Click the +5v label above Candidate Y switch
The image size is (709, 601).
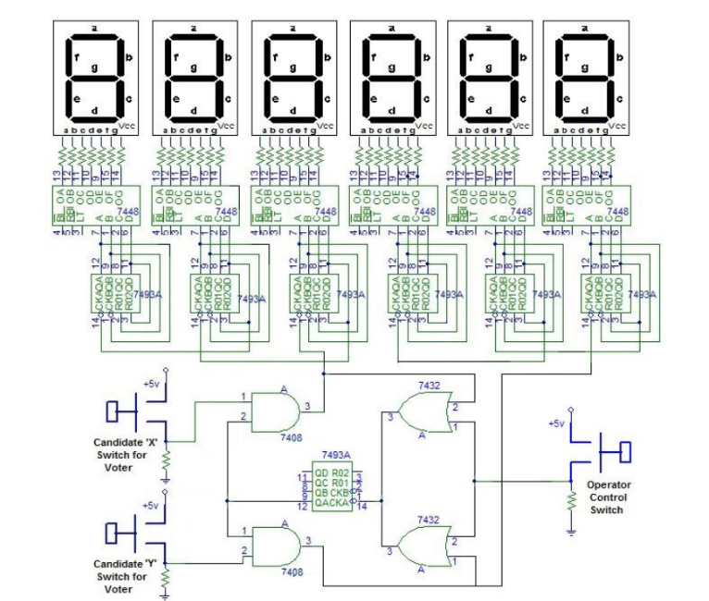151,507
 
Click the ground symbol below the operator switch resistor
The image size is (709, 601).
571,529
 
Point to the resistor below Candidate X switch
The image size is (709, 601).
166,459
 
